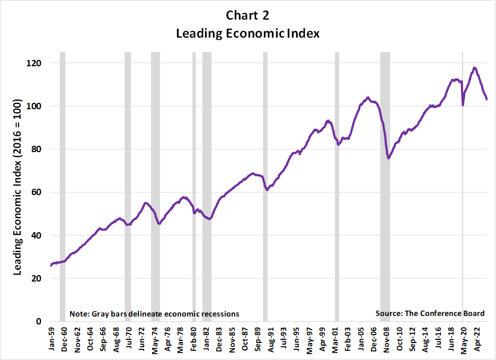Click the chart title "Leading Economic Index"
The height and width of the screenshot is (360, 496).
(247, 33)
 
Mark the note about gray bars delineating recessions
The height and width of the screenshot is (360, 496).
(154, 314)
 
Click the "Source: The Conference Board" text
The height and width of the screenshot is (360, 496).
(430, 313)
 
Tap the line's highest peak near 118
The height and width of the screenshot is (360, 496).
(474, 68)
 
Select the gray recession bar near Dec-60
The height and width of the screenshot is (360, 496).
(63, 186)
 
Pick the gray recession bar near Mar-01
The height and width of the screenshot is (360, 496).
(336, 186)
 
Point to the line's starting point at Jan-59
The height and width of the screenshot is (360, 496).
(51, 265)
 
